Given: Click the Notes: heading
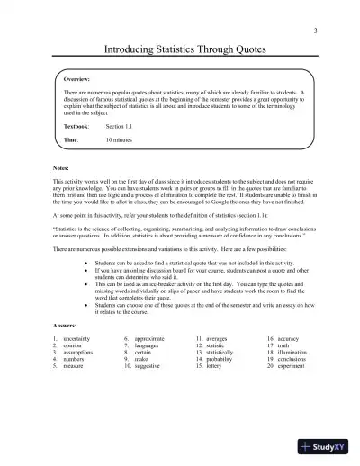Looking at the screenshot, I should pos(64,169).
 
